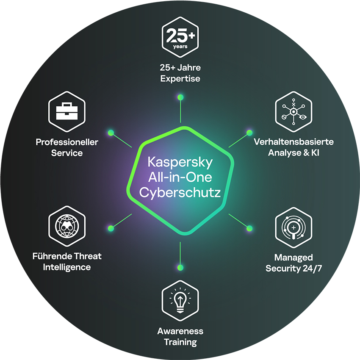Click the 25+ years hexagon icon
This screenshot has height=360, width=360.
[x=180, y=35]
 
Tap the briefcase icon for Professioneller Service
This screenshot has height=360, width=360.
[x=67, y=111]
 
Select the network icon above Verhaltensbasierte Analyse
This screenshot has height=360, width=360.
[x=293, y=111]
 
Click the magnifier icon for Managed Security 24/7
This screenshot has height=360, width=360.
[x=293, y=226]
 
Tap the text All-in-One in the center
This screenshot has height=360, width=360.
[x=180, y=177]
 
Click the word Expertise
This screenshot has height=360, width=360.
[x=180, y=78]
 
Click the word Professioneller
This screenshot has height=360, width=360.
[x=67, y=142]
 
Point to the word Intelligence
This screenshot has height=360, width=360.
[x=67, y=267]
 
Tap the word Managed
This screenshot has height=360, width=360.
[x=293, y=257]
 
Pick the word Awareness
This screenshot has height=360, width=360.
[x=180, y=331]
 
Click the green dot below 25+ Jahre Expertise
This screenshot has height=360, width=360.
[x=180, y=97]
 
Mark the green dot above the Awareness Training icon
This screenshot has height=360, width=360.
[x=180, y=267]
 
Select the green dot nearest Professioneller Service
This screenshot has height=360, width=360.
[x=111, y=133]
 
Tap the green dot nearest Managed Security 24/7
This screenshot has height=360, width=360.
[x=249, y=228]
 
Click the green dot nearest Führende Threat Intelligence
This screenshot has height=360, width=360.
[x=111, y=228]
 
